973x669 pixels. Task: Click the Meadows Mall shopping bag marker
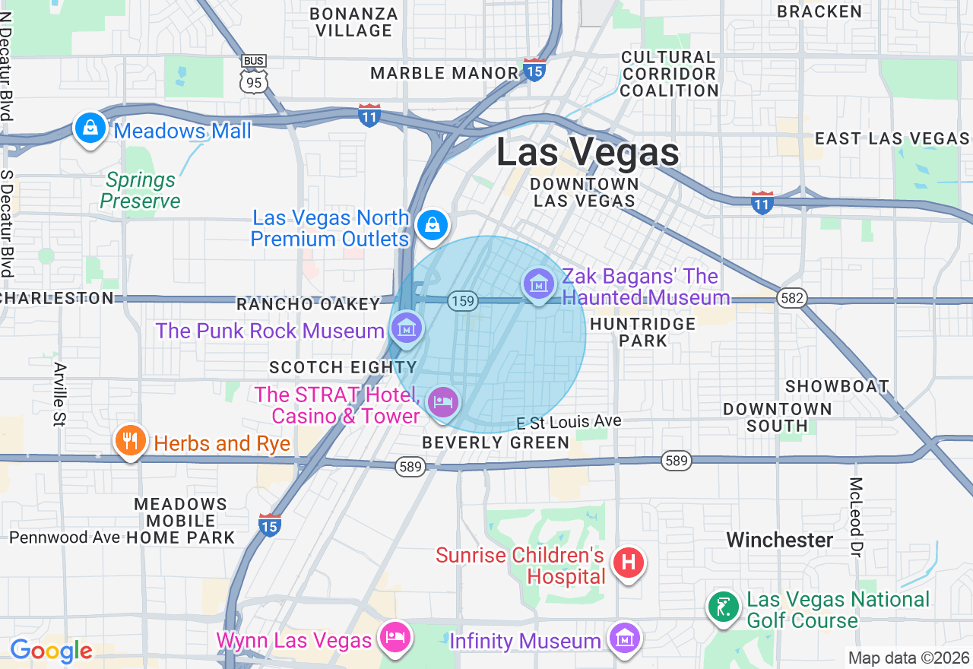90,128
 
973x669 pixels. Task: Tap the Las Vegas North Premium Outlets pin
433,224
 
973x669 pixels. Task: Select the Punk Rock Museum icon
407,328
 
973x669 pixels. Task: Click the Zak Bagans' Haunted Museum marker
539,284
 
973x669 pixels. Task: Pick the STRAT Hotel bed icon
443,401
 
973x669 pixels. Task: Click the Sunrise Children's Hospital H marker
629,563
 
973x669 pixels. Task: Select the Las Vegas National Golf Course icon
724,607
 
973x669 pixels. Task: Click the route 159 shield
462,301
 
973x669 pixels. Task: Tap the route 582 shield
792,299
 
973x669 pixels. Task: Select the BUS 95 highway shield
253,74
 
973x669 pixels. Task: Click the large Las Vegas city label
588,152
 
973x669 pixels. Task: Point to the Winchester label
780,541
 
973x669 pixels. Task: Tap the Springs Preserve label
141,191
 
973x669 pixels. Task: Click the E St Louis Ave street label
569,422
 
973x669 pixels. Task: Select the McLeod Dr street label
856,517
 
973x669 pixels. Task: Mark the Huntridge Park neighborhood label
643,332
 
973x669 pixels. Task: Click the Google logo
51,651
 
